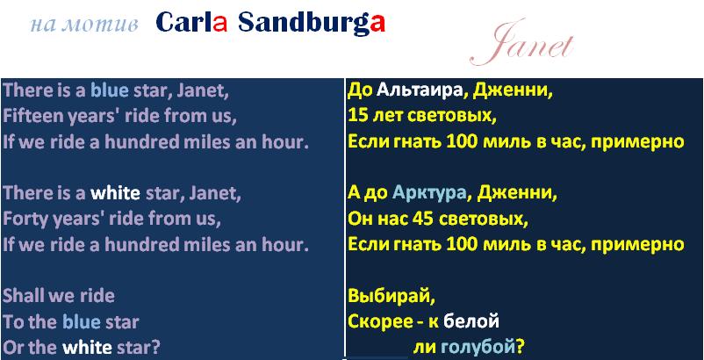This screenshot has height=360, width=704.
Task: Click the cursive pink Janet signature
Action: coord(521,44)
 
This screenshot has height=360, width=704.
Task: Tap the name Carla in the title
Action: coord(191,23)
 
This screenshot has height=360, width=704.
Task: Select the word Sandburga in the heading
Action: coord(312,24)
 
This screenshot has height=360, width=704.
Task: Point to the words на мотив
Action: coord(84,25)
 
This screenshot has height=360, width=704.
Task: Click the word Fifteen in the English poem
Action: coord(33,116)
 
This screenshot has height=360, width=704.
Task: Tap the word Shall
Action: coord(23,296)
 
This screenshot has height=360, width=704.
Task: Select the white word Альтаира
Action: coord(420,91)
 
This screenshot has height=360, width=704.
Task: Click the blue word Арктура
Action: coord(429,193)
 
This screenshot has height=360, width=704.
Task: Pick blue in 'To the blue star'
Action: coord(82,321)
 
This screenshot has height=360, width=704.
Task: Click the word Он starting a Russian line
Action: coord(359,219)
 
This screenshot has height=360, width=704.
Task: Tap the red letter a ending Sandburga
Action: coord(377,24)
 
